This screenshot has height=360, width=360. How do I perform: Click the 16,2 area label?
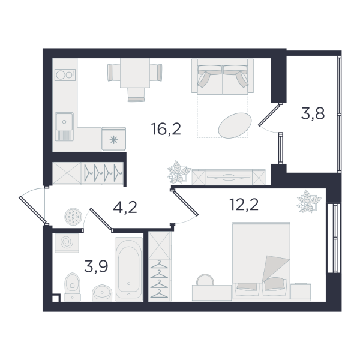166,129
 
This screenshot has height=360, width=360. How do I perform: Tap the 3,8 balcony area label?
313,113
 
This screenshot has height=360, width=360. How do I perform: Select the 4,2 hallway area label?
125,208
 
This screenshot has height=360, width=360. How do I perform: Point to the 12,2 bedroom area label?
244,205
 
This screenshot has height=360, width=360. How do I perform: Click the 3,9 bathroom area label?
96,266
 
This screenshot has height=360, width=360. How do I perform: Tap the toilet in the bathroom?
73,287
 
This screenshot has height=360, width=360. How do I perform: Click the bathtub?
128,269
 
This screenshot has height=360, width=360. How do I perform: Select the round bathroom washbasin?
102,293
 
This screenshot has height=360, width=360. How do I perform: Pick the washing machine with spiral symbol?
67,243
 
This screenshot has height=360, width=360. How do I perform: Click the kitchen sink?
64,127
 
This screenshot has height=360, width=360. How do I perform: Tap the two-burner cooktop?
65,75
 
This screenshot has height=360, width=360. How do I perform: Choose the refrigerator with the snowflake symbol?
113,139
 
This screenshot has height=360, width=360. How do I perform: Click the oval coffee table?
235,125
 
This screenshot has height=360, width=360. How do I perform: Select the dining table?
135,73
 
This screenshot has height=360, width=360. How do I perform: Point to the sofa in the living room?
223,76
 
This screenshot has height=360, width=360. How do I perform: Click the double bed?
261,261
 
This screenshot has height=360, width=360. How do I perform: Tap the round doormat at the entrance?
73,217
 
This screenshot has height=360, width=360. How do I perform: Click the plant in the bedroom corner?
309,201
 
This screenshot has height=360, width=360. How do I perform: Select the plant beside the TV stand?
179,172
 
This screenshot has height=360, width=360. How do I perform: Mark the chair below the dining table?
136,95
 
